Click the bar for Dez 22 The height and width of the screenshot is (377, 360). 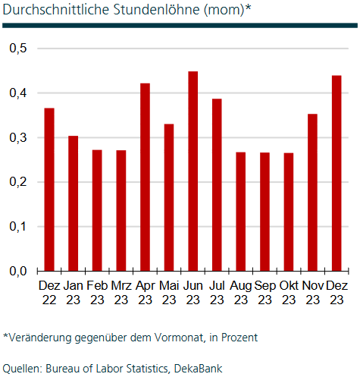[x=49, y=190]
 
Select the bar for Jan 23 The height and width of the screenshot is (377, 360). [x=73, y=203]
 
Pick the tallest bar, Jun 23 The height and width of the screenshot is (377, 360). [x=193, y=171]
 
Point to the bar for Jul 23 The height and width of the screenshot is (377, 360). [x=217, y=185]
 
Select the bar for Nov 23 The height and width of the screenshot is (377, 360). [x=312, y=193]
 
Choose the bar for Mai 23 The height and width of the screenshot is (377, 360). [x=169, y=197]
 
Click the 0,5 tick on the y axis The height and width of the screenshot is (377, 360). [x=18, y=49]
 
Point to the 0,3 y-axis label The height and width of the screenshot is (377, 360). [x=18, y=138]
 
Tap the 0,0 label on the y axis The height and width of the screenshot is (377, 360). [x=18, y=271]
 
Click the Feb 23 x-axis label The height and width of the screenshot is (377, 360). [x=97, y=293]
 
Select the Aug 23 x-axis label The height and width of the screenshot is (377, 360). [x=241, y=293]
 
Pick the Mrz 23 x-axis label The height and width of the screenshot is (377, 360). [x=121, y=293]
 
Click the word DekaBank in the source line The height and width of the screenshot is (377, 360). [x=199, y=368]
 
